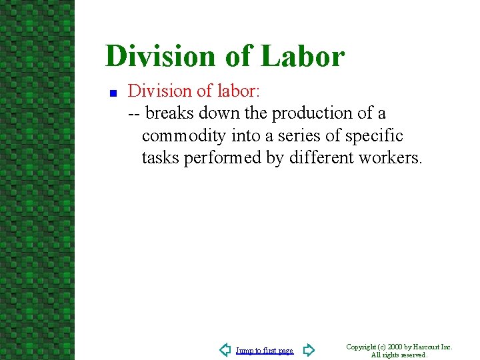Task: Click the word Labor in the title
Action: pos(303,56)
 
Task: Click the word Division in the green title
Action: pos(159,56)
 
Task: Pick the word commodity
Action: pos(184,136)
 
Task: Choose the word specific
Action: pos(374,136)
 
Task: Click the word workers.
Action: pos(391,159)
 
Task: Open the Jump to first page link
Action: pos(265,351)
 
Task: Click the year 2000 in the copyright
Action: pos(395,347)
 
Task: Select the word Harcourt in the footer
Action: pos(427,347)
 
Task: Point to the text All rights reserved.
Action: pos(399,355)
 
